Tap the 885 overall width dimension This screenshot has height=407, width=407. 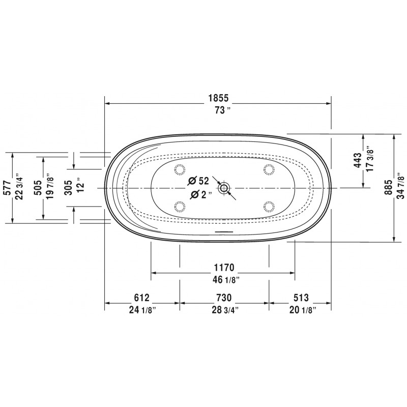point(388,188)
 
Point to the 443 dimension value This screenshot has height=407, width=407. point(358,160)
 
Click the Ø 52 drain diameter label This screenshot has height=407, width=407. point(198,181)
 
